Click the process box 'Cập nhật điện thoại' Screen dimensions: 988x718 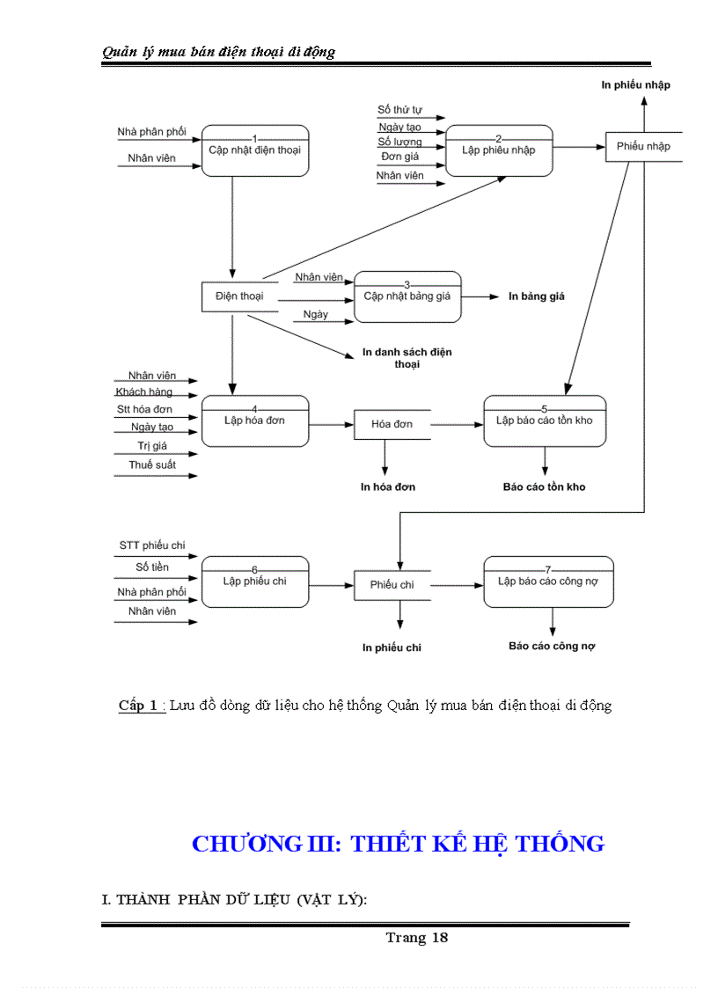click(255, 151)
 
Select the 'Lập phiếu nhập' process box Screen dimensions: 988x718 click(499, 150)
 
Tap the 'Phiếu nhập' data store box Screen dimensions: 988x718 click(643, 146)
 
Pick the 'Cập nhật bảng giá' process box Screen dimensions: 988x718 click(407, 296)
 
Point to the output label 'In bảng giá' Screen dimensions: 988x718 click(537, 296)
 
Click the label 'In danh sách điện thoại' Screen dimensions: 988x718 click(407, 357)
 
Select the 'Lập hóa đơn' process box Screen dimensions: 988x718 click(255, 421)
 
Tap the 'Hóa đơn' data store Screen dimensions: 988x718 click(392, 424)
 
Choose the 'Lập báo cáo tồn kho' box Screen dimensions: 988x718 click(545, 421)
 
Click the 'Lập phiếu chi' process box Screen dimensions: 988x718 click(255, 582)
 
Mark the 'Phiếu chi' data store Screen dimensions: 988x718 click(392, 585)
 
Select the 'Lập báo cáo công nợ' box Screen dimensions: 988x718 click(548, 582)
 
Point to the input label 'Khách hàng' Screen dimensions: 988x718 click(144, 392)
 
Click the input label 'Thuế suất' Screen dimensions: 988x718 click(152, 465)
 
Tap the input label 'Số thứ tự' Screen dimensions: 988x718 click(400, 110)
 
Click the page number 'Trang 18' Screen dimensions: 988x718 click(416, 938)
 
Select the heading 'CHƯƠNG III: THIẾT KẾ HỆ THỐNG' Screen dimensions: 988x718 click(398, 844)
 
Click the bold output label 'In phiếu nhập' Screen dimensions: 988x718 click(636, 84)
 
